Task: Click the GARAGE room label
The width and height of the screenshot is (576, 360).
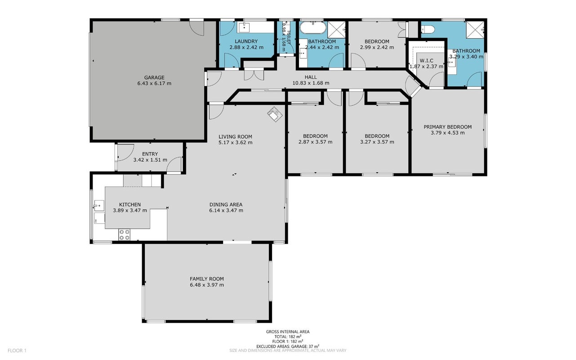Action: pyautogui.click(x=154, y=77)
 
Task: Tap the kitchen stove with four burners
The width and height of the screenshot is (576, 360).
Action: pyautogui.click(x=124, y=234)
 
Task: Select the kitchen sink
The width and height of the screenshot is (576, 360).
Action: pyautogui.click(x=99, y=206)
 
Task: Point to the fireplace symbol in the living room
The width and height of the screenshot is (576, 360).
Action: pyautogui.click(x=275, y=114)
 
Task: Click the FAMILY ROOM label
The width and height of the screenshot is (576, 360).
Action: pyautogui.click(x=207, y=279)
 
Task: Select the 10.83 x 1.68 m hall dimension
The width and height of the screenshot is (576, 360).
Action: pyautogui.click(x=311, y=83)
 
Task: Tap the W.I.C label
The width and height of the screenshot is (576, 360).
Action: pyautogui.click(x=426, y=61)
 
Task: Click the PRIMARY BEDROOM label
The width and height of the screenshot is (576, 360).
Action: pyautogui.click(x=448, y=127)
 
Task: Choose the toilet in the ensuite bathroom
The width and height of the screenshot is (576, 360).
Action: pyautogui.click(x=428, y=29)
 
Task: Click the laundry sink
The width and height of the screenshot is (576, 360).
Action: pyautogui.click(x=244, y=27)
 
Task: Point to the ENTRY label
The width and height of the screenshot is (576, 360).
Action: pyautogui.click(x=150, y=154)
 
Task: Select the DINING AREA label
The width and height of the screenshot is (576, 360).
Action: pyautogui.click(x=226, y=205)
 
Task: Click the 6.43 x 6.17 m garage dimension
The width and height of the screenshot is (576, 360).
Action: pyautogui.click(x=154, y=83)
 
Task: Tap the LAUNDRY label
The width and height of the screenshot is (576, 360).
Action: pyautogui.click(x=246, y=41)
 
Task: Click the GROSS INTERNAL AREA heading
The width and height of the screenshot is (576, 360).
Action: pyautogui.click(x=288, y=332)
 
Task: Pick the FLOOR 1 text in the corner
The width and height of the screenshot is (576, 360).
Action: pyautogui.click(x=17, y=351)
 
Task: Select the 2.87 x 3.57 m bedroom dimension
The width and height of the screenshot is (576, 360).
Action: pyautogui.click(x=315, y=142)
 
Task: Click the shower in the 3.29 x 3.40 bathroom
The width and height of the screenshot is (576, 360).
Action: pyautogui.click(x=475, y=30)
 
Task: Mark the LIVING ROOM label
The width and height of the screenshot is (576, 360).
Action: pyautogui.click(x=235, y=137)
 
